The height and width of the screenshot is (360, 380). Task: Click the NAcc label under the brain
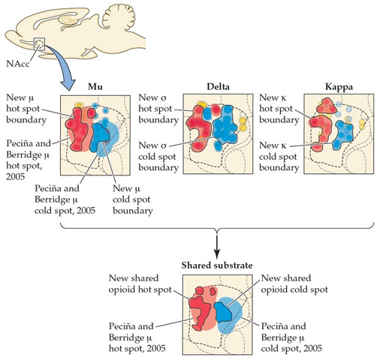tap(17, 64)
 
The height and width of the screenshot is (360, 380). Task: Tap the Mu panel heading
tap(95, 87)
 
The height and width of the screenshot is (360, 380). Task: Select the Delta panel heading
tap(218, 87)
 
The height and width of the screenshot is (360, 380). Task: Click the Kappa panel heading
tap(339, 87)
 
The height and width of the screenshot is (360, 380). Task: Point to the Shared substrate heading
tap(217, 265)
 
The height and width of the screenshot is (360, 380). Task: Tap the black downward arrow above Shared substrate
tap(217, 246)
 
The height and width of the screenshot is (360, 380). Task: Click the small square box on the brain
tap(39, 43)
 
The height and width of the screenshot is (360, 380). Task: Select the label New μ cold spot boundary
tap(133, 199)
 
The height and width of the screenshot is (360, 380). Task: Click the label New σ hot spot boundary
tap(158, 109)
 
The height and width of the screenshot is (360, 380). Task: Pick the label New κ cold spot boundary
tap(279, 157)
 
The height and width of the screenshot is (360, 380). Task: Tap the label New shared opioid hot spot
tap(140, 283)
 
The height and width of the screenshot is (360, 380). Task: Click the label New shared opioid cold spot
tap(294, 283)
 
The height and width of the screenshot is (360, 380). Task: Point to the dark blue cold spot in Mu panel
tap(100, 137)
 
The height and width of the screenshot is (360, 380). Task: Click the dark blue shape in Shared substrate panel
tap(224, 312)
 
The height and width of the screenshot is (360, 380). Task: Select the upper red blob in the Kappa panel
tap(326, 106)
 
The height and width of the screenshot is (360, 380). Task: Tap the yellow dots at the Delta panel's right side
tap(243, 124)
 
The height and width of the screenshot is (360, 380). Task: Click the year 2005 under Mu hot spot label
tap(16, 177)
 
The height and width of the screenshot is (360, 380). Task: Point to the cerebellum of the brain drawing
tap(119, 16)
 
